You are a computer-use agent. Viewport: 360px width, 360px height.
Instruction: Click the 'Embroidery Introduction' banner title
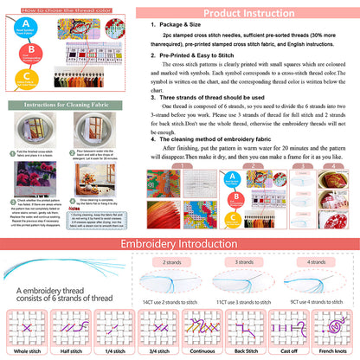[x=179, y=220]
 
